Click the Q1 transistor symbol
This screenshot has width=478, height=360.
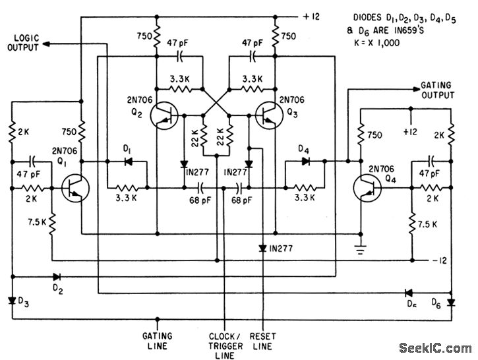(x=75, y=188)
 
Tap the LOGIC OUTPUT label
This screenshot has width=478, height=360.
(x=24, y=43)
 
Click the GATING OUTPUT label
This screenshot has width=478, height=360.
(x=438, y=90)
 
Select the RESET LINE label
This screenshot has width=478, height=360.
(x=263, y=341)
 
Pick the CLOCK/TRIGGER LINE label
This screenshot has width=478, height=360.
(x=225, y=346)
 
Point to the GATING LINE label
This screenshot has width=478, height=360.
(x=158, y=341)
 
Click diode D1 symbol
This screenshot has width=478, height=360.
(x=129, y=162)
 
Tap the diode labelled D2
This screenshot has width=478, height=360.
(x=57, y=277)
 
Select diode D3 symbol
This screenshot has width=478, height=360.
(x=12, y=301)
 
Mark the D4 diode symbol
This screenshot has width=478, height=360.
(x=306, y=162)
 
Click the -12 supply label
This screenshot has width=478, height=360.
(x=439, y=260)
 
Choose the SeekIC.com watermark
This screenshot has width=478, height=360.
(x=435, y=348)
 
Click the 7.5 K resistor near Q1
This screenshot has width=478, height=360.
(x=52, y=224)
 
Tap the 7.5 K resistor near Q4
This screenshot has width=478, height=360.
(x=412, y=224)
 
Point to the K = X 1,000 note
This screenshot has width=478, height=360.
(x=376, y=43)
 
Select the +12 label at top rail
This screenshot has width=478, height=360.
(x=311, y=16)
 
